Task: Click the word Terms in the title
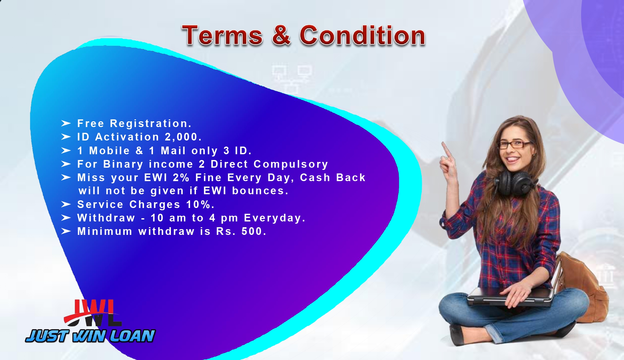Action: [x=222, y=35]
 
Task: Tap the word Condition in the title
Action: [x=362, y=35]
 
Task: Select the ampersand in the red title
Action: [x=281, y=35]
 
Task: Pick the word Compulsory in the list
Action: [x=291, y=164]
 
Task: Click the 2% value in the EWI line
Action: [x=181, y=177]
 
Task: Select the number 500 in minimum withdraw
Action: [x=252, y=231]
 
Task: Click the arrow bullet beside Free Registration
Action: [x=66, y=123]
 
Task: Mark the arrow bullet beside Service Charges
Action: [x=66, y=204]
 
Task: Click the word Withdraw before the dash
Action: [x=106, y=218]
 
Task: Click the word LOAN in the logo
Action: [x=132, y=336]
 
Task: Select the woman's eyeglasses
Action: [x=514, y=145]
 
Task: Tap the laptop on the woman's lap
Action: [x=510, y=297]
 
